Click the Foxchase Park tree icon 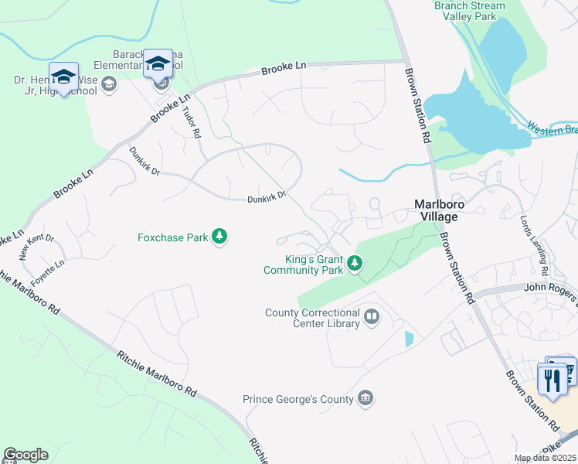pos(220,237)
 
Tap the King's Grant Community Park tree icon pos(355,264)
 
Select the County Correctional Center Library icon pos(372,317)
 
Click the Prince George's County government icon pos(365,399)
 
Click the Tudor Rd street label pos(191,122)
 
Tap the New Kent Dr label pos(36,247)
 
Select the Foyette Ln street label pos(48,272)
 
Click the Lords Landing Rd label pos(534,246)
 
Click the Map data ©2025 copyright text pos(545,458)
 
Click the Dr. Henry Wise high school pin pos(64,77)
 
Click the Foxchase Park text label pos(173,237)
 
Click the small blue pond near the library pos(409,339)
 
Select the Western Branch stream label pos(552,128)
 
